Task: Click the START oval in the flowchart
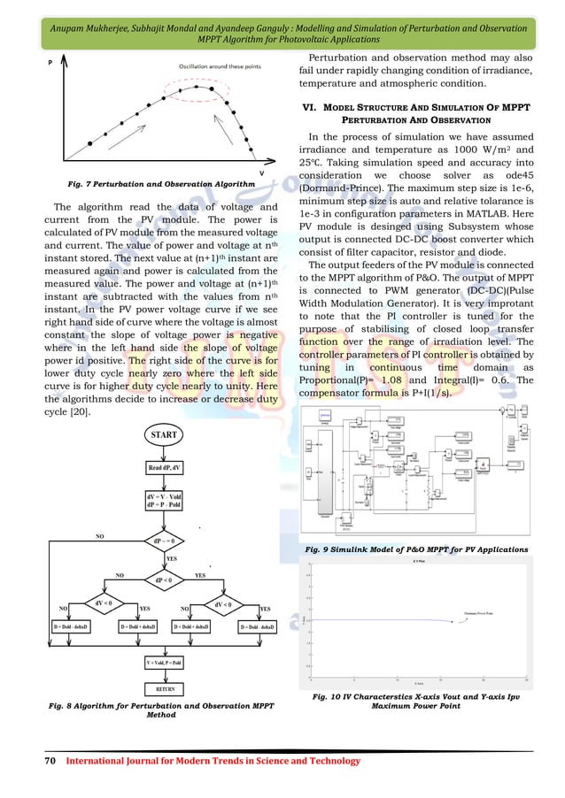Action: tap(166, 436)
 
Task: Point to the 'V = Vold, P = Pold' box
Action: tap(166, 661)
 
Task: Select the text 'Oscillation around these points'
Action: tap(219, 66)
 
